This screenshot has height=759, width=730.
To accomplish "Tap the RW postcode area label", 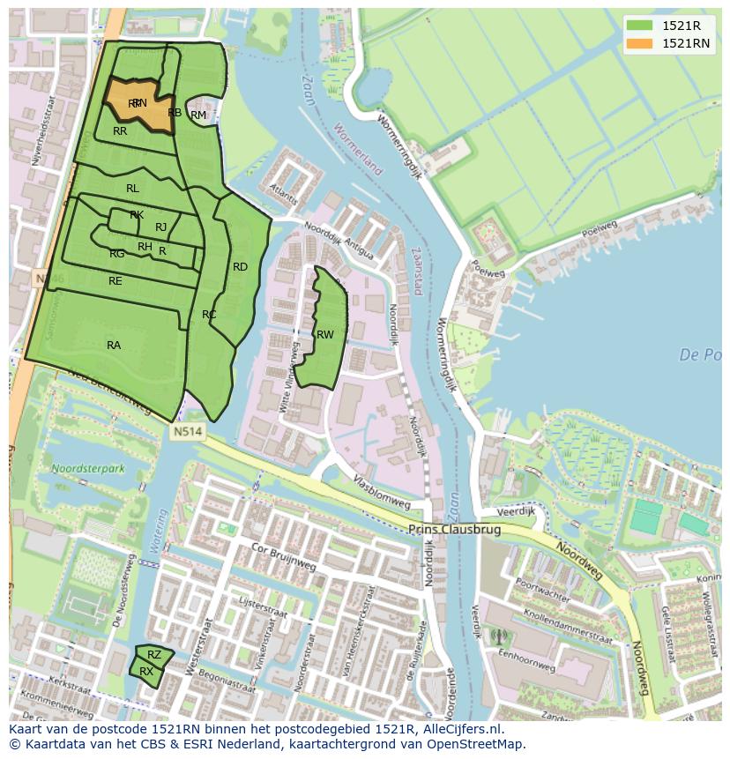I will tap(325, 335).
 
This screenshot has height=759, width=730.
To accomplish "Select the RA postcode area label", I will tap(114, 346).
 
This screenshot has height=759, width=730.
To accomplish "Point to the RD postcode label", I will tap(240, 267).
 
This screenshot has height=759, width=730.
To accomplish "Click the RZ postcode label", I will tap(154, 655).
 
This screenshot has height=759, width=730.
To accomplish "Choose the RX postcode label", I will tap(146, 672).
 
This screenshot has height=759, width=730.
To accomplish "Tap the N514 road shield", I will tap(187, 432).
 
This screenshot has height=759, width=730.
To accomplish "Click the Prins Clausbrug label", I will tap(454, 530).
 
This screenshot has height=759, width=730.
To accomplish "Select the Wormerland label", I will tap(359, 149).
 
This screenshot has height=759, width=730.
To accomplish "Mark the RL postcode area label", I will tap(132, 189).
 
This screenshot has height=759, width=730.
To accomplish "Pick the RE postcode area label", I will tap(115, 281).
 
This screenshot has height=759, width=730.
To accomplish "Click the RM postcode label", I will tap(198, 115).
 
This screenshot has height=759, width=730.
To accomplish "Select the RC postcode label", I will tap(209, 315).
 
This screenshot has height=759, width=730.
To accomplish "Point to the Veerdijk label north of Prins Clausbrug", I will tap(516, 511).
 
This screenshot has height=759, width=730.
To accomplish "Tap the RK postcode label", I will tap(137, 215).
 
